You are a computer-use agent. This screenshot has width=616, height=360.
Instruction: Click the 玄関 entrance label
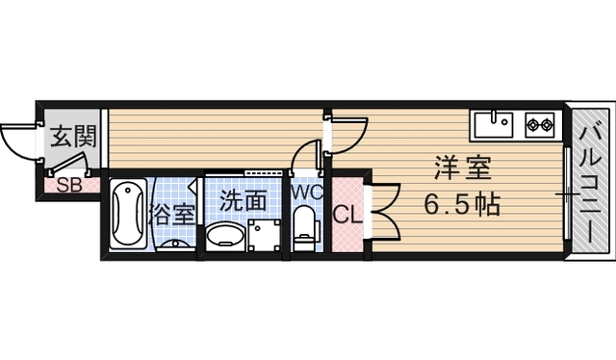coord(72,136)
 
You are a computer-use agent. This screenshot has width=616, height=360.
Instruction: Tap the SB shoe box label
coord(67,186)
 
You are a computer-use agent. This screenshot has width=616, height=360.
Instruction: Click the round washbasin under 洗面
coord(225,236)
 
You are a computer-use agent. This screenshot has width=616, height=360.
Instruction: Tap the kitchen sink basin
coord(494,123)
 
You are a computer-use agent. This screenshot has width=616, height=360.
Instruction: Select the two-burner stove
coord(538,124)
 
